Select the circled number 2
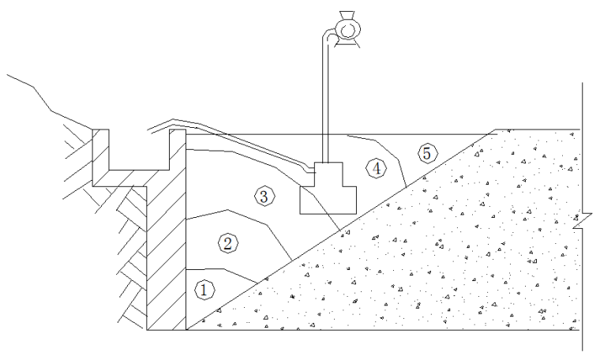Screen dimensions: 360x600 (227, 242)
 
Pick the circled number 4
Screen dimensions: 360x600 (376, 167)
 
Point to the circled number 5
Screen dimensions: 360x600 (426, 154)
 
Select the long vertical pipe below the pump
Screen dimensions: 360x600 (324, 103)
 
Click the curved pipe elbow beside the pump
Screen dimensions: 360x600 (326, 36)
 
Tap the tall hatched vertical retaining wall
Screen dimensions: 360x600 (167, 261)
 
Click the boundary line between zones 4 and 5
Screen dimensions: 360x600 (398, 158)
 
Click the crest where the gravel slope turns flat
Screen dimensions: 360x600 (495, 129)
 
